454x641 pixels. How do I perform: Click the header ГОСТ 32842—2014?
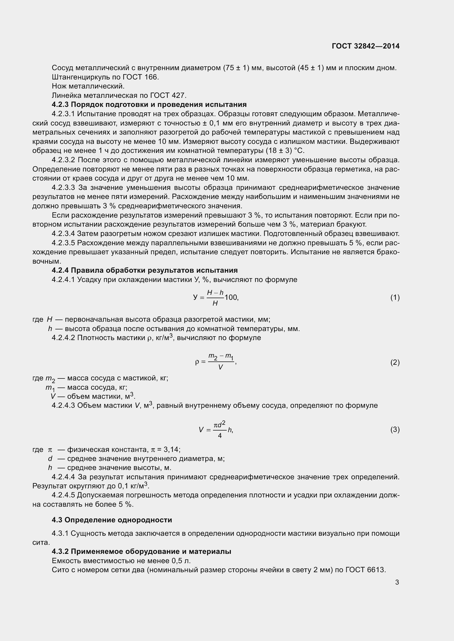pos(365,46)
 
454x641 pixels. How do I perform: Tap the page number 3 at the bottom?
pos(397,582)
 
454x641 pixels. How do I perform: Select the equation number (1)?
pos(395,298)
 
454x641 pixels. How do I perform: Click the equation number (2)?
pos(395,362)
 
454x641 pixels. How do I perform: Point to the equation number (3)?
pos(395,429)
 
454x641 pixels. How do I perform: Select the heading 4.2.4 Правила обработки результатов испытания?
pos(145,270)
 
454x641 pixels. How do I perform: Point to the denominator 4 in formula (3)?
pos(220,435)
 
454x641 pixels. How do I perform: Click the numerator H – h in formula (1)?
pos(215,293)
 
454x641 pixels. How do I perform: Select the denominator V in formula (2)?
pos(220,367)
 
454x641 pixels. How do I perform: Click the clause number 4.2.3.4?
pos(63,233)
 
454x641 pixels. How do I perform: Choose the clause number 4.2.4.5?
pos(63,495)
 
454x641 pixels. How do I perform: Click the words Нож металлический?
pos(88,86)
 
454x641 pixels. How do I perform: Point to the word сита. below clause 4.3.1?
pos(41,542)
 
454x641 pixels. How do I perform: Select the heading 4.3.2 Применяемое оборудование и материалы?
pos(141,552)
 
